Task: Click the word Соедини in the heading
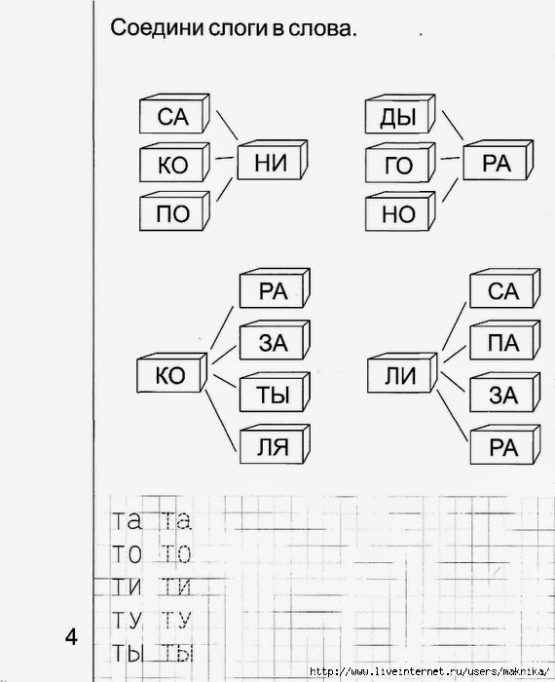(157, 28)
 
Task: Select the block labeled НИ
(273, 160)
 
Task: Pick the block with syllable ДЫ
(400, 114)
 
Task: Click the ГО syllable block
(400, 163)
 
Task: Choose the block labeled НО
(400, 211)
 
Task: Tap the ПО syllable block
(174, 211)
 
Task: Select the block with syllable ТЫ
(275, 392)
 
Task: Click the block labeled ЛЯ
(275, 444)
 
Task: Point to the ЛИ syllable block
(402, 373)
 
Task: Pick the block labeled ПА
(505, 340)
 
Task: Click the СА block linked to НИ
(174, 114)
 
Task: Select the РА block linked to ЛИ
(505, 444)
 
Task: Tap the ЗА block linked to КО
(275, 340)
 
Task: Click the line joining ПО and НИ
(224, 190)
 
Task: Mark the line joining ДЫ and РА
(453, 123)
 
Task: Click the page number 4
(71, 637)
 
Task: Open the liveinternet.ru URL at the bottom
(430, 671)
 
